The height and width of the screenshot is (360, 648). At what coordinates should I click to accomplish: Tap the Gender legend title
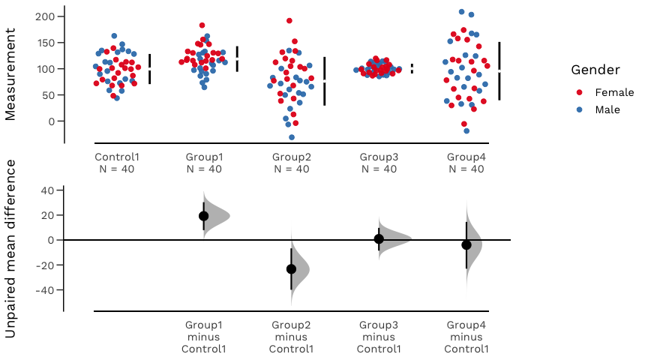[595, 70]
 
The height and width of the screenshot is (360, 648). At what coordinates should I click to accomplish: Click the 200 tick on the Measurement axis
[45, 16]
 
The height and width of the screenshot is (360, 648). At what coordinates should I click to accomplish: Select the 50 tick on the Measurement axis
[48, 95]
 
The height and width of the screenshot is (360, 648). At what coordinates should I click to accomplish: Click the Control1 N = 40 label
[117, 163]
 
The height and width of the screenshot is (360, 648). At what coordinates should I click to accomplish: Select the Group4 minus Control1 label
[467, 337]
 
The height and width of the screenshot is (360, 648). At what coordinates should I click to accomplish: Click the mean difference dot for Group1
[203, 216]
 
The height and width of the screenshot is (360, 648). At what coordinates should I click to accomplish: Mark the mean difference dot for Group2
[291, 268]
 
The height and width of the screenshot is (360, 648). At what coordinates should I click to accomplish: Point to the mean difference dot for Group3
[379, 239]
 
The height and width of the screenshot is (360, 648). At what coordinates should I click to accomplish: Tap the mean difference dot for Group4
[466, 244]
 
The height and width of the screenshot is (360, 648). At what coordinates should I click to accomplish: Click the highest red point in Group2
[289, 21]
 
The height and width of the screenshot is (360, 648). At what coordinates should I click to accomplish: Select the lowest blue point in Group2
[292, 137]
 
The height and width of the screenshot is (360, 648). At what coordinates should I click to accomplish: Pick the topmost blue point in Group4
[462, 12]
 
